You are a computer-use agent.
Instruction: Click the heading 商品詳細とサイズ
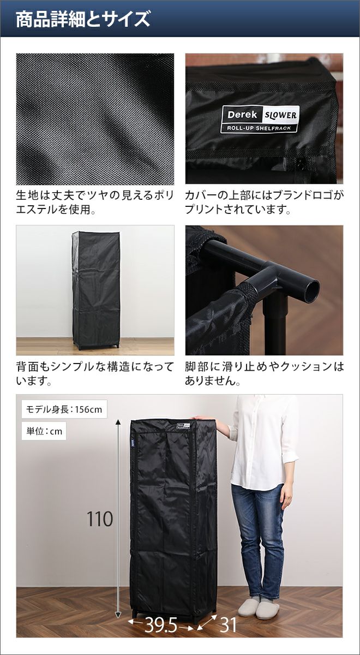pos(83,19)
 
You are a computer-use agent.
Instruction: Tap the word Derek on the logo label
pos(242,115)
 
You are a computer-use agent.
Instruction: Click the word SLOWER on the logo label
pos(280,115)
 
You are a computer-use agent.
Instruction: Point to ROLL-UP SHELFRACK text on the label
pos(259,128)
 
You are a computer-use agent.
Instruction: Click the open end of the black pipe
pos(311,290)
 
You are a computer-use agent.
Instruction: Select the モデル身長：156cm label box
pos(64,409)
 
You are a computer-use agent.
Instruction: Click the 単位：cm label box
pos(44,431)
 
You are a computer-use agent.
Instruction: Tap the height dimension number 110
pos(100,519)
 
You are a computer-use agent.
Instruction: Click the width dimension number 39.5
pos(161,625)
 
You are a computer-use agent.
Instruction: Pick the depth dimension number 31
pos(228,624)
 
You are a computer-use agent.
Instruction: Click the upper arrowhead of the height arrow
pos(118,421)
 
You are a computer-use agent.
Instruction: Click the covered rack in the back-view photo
pos(96,290)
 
